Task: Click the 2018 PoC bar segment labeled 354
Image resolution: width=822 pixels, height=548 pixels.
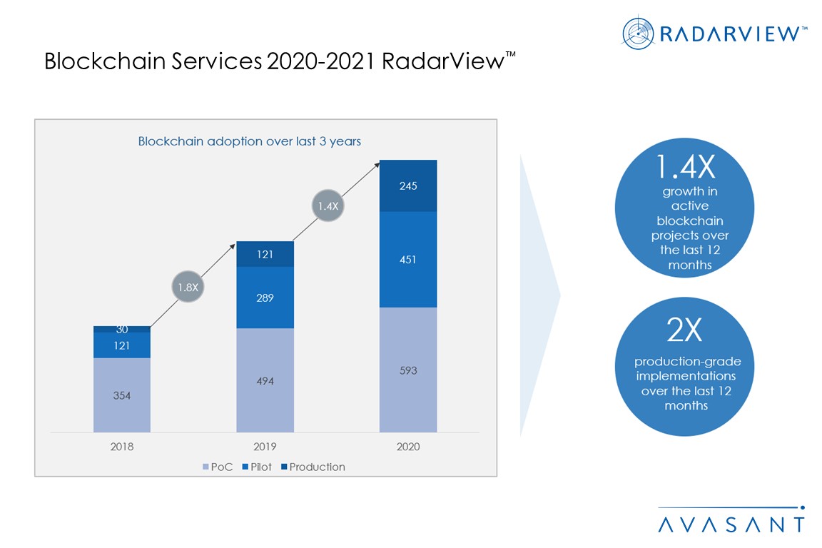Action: point(122,395)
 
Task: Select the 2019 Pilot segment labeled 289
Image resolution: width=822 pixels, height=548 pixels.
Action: point(265,298)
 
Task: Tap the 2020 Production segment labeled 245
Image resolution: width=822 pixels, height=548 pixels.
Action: point(407,186)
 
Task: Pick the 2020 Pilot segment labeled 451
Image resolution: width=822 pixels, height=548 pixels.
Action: point(407,260)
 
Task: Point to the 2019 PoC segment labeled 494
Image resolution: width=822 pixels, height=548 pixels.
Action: point(265,380)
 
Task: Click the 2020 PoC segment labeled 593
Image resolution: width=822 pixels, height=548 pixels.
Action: point(407,370)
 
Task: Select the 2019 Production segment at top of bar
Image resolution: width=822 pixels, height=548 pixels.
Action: point(265,254)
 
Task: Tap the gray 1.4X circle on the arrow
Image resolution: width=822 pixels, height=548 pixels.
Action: point(328,206)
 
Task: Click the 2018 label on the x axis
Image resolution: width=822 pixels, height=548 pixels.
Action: point(122,447)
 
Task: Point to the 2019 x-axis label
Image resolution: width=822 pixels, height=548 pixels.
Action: point(265,447)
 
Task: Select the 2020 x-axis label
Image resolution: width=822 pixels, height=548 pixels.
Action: point(407,447)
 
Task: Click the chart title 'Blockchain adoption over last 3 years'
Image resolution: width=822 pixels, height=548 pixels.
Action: point(249,141)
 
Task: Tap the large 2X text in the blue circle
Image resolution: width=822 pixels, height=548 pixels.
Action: point(684,331)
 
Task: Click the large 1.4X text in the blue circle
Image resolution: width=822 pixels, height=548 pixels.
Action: point(684,168)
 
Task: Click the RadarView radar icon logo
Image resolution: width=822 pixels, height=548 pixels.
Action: point(638,33)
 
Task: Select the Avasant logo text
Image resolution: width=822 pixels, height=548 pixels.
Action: point(731,523)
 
